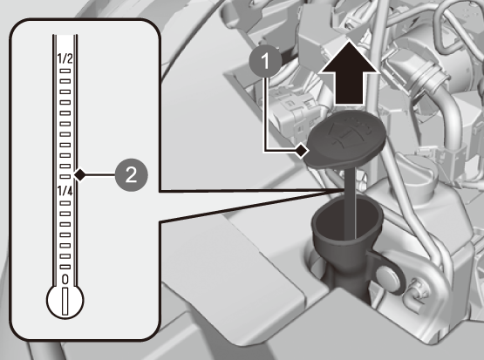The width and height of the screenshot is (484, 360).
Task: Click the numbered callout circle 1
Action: (x=265, y=61)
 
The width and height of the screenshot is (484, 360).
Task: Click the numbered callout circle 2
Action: (x=131, y=175)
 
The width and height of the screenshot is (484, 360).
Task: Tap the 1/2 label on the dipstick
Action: (x=65, y=58)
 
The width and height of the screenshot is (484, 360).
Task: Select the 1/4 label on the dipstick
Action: (x=65, y=191)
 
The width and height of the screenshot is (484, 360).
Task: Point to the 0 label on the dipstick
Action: (x=65, y=279)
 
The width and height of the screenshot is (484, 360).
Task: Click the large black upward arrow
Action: (x=349, y=73)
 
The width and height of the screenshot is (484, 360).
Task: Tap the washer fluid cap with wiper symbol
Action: (x=344, y=139)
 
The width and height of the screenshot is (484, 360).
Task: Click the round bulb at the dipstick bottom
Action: (x=65, y=301)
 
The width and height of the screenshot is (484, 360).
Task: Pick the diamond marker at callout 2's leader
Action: (x=80, y=175)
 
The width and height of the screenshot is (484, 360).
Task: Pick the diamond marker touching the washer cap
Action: (x=301, y=151)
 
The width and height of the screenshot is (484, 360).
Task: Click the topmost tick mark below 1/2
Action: (x=65, y=71)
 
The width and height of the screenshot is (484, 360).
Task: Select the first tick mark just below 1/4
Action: (x=65, y=203)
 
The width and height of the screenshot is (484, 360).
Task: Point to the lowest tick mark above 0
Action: (x=65, y=267)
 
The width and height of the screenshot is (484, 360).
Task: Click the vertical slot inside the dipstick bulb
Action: (x=65, y=302)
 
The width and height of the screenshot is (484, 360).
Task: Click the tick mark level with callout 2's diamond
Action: (x=65, y=176)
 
